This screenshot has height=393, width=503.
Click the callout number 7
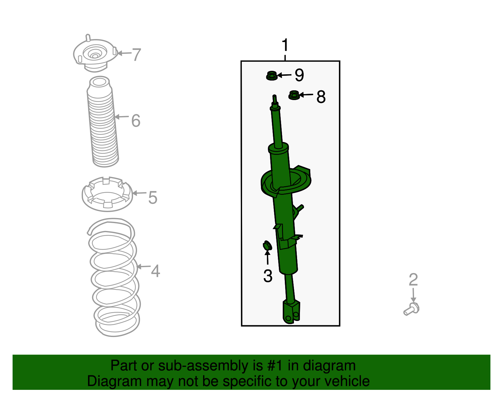pos(136,55)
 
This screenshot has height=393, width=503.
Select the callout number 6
pos(136,121)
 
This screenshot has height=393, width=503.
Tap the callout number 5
pos(153,198)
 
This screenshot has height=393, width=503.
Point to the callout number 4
pos(156,271)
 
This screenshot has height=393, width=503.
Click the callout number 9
pos(299,75)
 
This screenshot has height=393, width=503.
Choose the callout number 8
pos(321,97)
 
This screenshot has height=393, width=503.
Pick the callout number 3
pos(268,276)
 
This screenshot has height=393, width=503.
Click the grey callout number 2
pos(413,279)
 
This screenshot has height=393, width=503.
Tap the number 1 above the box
pos(285,45)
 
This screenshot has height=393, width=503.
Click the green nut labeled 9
pos(272,76)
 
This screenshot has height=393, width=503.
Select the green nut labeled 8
pos(294,95)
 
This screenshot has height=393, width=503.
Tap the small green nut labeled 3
pos(267,246)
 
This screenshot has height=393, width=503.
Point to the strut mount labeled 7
pos(95,54)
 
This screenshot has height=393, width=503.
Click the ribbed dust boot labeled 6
pos(103,121)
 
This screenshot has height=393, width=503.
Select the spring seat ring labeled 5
pos(108,194)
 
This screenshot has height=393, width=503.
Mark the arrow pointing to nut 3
pos(268,257)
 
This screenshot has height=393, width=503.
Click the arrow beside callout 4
pos(144,267)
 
